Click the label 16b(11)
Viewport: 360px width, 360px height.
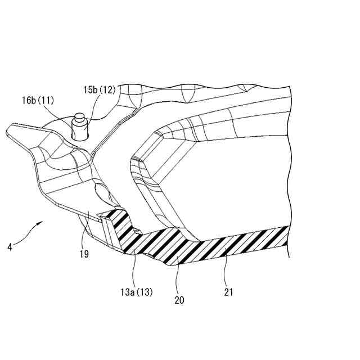[x=38, y=101]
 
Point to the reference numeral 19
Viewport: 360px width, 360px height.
[x=84, y=253]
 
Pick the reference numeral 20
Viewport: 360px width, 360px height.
[x=179, y=300]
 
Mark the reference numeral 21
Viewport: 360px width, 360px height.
[x=228, y=292]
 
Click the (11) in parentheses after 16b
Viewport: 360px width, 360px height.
[x=47, y=101]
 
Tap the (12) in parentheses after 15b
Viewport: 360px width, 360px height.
[x=108, y=90]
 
